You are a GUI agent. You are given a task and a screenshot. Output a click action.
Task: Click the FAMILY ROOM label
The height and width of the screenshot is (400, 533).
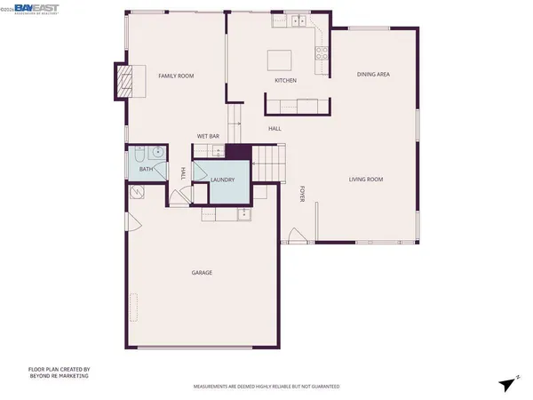coord(176,76)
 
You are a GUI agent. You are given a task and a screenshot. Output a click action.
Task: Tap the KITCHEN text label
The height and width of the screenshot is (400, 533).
coord(285,81)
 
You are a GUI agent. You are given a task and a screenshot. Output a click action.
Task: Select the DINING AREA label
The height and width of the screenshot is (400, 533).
coord(373,74)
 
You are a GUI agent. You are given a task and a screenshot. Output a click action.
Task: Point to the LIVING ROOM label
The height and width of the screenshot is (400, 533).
coord(365,180)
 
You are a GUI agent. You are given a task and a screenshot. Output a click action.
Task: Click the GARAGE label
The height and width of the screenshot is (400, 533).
coord(202,272)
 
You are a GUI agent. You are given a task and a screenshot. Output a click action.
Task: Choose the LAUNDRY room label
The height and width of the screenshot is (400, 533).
coord(223,180)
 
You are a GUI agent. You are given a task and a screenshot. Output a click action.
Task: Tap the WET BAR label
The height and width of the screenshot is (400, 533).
coord(208,136)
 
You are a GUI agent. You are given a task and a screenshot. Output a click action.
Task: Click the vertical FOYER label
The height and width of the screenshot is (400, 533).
coord(302,194)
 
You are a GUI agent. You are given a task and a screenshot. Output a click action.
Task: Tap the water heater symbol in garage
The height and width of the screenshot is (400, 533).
coord(138,193)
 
